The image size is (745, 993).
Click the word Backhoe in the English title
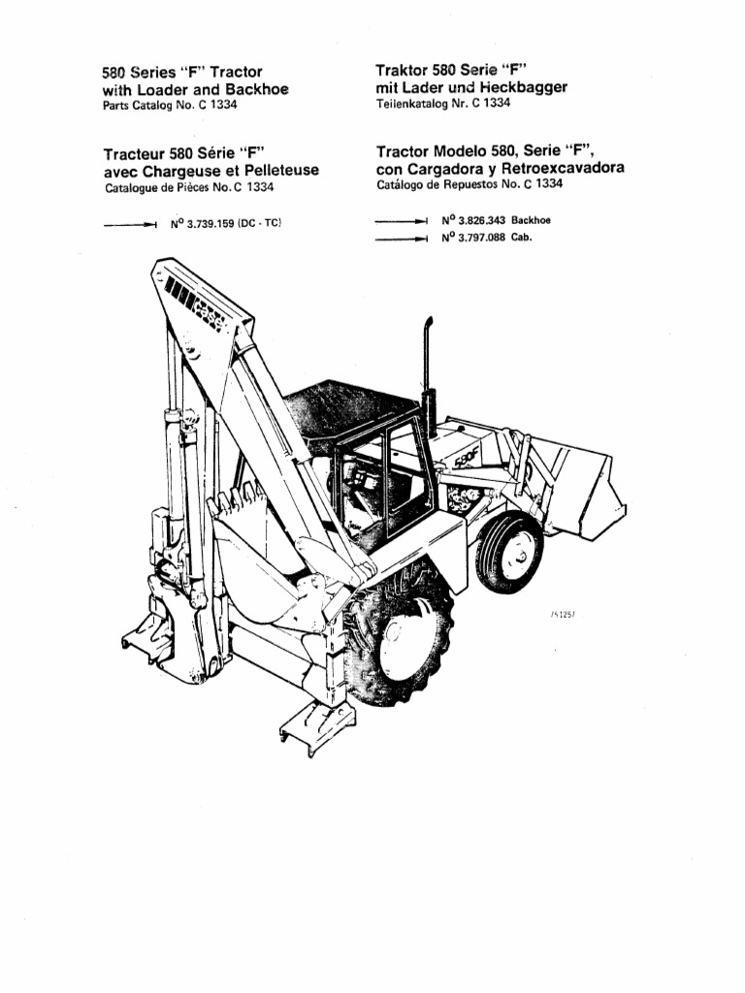(259, 89)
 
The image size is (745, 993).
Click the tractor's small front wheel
(510, 556)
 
